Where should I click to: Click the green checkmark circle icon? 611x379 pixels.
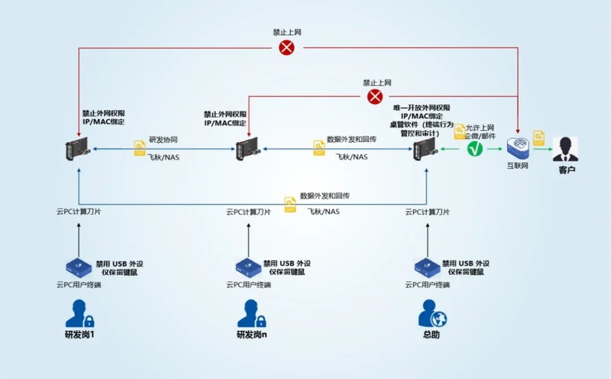click(x=475, y=149)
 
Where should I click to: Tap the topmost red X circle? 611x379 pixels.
click(x=287, y=48)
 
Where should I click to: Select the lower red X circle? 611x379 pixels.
click(x=375, y=97)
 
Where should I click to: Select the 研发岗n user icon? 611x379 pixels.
click(x=249, y=314)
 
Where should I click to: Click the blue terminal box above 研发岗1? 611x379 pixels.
click(x=78, y=265)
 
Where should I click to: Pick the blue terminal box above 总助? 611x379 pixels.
click(x=427, y=265)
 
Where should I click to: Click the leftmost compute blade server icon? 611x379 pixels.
click(x=78, y=149)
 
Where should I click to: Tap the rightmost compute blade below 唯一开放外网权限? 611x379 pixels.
click(x=426, y=149)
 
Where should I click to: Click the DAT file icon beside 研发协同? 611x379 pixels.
click(x=140, y=149)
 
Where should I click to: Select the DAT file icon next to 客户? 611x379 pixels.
click(x=539, y=137)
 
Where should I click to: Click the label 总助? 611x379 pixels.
click(x=431, y=334)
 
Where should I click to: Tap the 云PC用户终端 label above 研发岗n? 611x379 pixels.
click(x=248, y=285)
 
